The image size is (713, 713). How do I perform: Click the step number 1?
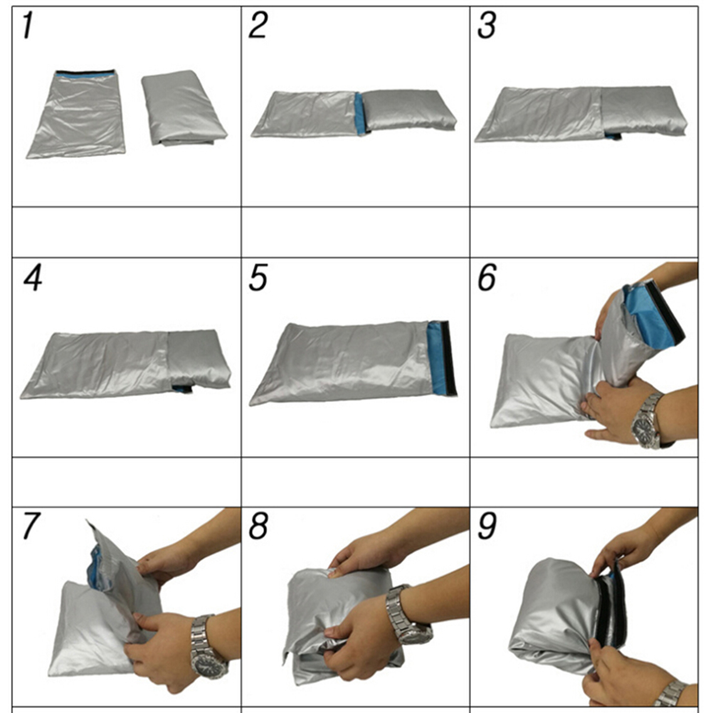(x=28, y=26)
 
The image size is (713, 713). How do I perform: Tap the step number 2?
(x=258, y=25)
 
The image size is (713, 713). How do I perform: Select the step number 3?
(x=487, y=26)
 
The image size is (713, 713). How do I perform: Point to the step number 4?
(x=33, y=278)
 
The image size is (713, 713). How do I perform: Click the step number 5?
(x=258, y=278)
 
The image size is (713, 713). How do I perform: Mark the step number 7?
(x=31, y=526)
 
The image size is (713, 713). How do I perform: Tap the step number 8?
(x=258, y=526)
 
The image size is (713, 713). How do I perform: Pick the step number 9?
(x=487, y=526)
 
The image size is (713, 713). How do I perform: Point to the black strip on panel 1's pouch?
(x=85, y=73)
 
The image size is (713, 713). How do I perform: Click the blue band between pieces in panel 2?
(x=360, y=113)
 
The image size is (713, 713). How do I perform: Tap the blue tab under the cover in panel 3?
(x=613, y=135)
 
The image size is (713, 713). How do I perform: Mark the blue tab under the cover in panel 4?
(x=181, y=389)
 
